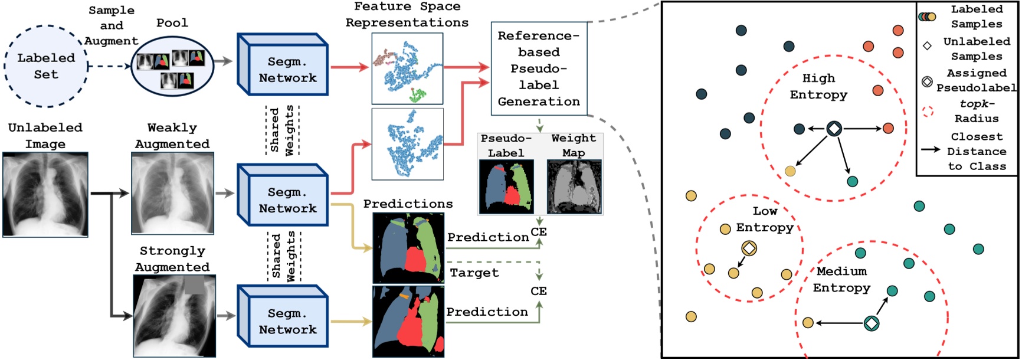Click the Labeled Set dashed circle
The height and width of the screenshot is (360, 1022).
click(x=46, y=66)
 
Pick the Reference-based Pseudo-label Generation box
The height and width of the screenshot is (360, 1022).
click(x=539, y=68)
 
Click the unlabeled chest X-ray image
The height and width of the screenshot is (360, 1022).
click(x=45, y=195)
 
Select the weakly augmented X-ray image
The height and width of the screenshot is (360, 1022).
click(x=172, y=193)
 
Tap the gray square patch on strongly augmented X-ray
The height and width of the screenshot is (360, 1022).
click(x=194, y=285)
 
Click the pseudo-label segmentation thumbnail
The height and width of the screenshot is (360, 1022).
click(x=506, y=186)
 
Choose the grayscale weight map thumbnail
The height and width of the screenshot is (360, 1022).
click(x=574, y=186)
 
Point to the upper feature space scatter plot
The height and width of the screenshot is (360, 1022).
click(x=407, y=68)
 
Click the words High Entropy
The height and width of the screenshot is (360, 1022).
click(x=818, y=86)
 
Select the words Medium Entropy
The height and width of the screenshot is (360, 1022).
click(x=841, y=279)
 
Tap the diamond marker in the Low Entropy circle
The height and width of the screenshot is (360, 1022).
click(x=749, y=248)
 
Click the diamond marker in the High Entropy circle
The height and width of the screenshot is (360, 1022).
click(x=834, y=128)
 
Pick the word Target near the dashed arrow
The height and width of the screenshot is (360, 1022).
click(x=474, y=273)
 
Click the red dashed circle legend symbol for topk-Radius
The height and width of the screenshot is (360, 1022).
click(x=928, y=111)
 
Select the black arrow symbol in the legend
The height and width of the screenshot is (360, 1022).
click(x=931, y=149)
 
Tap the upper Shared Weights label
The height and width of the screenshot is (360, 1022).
click(x=282, y=130)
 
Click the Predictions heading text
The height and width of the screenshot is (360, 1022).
click(x=408, y=204)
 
